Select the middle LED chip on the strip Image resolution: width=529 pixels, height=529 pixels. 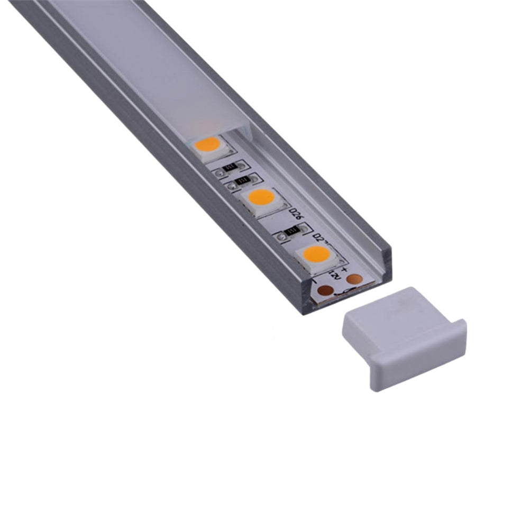tap(261, 199)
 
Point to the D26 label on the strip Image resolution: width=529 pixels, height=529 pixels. tap(296, 214)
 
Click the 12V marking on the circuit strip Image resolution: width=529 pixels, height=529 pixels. tap(333, 275)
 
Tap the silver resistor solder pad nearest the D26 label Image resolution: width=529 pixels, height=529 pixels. tap(303, 228)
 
